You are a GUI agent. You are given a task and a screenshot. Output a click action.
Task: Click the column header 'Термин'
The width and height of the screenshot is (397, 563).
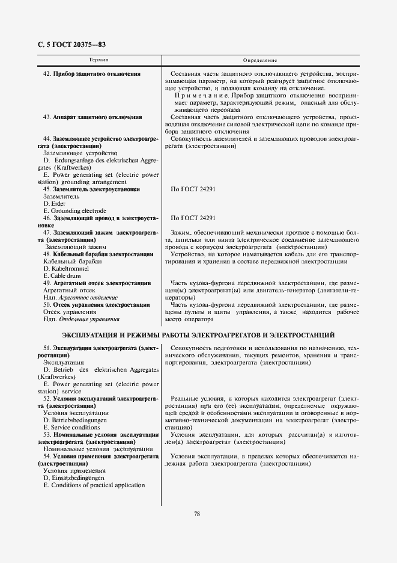pos(98,61)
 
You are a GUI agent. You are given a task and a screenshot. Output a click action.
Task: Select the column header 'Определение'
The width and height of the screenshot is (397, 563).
pos(259,61)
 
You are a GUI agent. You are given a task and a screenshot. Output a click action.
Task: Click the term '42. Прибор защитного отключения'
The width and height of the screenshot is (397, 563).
pos(92,74)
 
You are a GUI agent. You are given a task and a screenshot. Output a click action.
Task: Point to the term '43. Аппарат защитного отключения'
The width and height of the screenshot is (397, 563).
pos(92,117)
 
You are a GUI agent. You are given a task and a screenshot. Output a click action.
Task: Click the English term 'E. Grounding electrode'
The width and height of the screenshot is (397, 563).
pos(74,211)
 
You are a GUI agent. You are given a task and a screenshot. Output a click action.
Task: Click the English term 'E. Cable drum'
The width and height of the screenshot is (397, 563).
pos(62,275)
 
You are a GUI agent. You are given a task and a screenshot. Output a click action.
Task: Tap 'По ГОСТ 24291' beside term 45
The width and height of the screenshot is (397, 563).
pos(193,189)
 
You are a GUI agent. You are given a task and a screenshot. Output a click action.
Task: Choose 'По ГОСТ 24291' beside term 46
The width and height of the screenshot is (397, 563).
pos(193,218)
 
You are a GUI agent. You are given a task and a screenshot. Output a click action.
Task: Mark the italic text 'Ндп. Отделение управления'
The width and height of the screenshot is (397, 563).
pos(81,319)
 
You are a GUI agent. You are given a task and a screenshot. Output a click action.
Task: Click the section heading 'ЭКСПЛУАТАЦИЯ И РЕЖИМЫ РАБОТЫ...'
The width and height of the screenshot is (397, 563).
pos(198,334)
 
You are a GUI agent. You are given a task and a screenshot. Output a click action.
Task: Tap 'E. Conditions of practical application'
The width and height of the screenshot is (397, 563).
pos(94,485)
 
